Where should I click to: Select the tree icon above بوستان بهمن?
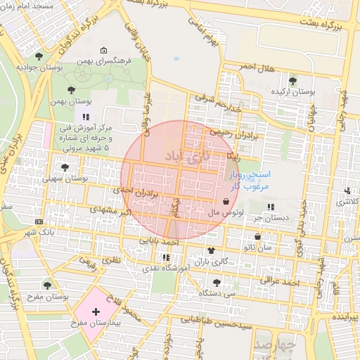[x=72, y=89]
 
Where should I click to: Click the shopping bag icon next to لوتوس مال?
[x=225, y=202]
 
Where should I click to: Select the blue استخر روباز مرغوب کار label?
[x=247, y=179]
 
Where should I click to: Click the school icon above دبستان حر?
[x=271, y=207]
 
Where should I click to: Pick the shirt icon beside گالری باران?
[x=210, y=251]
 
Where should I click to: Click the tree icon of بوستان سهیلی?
[x=65, y=167]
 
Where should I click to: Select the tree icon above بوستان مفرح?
[x=47, y=285]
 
